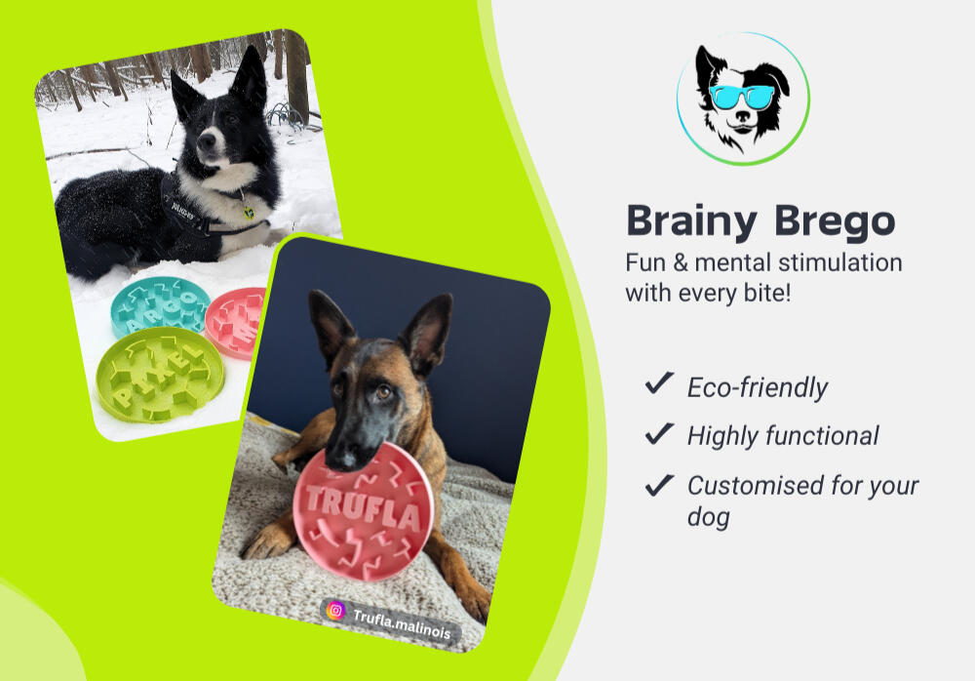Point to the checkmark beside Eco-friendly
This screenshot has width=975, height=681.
[x=659, y=383]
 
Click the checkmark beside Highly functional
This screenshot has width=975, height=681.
[x=659, y=432]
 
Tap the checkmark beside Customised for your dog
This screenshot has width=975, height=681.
[x=659, y=482]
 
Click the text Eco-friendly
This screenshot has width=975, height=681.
[x=757, y=387]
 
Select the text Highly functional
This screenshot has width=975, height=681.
[x=782, y=436]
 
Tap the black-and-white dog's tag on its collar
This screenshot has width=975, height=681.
[x=249, y=211]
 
